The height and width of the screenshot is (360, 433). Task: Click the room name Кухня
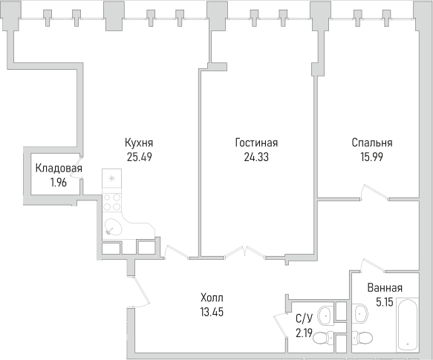(140, 143)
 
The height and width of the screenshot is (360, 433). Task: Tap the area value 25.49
(140, 157)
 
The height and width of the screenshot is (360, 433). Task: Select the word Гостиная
(256, 143)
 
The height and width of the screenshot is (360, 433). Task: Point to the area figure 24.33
(256, 157)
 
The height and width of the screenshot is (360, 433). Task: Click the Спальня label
(372, 143)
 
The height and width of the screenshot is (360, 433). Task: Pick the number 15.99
(372, 157)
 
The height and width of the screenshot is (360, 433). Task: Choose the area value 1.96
(59, 182)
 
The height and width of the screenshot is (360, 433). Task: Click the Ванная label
(385, 288)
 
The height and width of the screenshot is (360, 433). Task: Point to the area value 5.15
(385, 302)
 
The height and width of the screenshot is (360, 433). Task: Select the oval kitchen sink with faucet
(114, 227)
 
